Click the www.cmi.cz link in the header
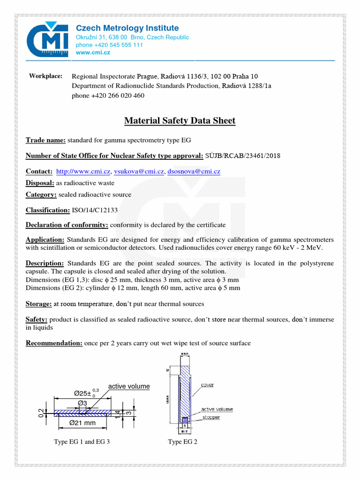[x=93, y=53]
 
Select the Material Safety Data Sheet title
[x=180, y=121]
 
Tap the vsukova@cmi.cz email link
[x=139, y=172]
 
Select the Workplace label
[x=45, y=76]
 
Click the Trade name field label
[x=45, y=140]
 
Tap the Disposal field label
[x=40, y=183]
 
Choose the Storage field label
[x=38, y=304]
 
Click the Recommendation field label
[x=54, y=343]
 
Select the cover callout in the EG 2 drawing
[x=207, y=385]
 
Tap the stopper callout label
[x=211, y=417]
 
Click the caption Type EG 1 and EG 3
[x=82, y=442]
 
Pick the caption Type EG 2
[x=183, y=442]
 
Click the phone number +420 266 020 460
[x=108, y=96]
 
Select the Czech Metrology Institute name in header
[x=127, y=28]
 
